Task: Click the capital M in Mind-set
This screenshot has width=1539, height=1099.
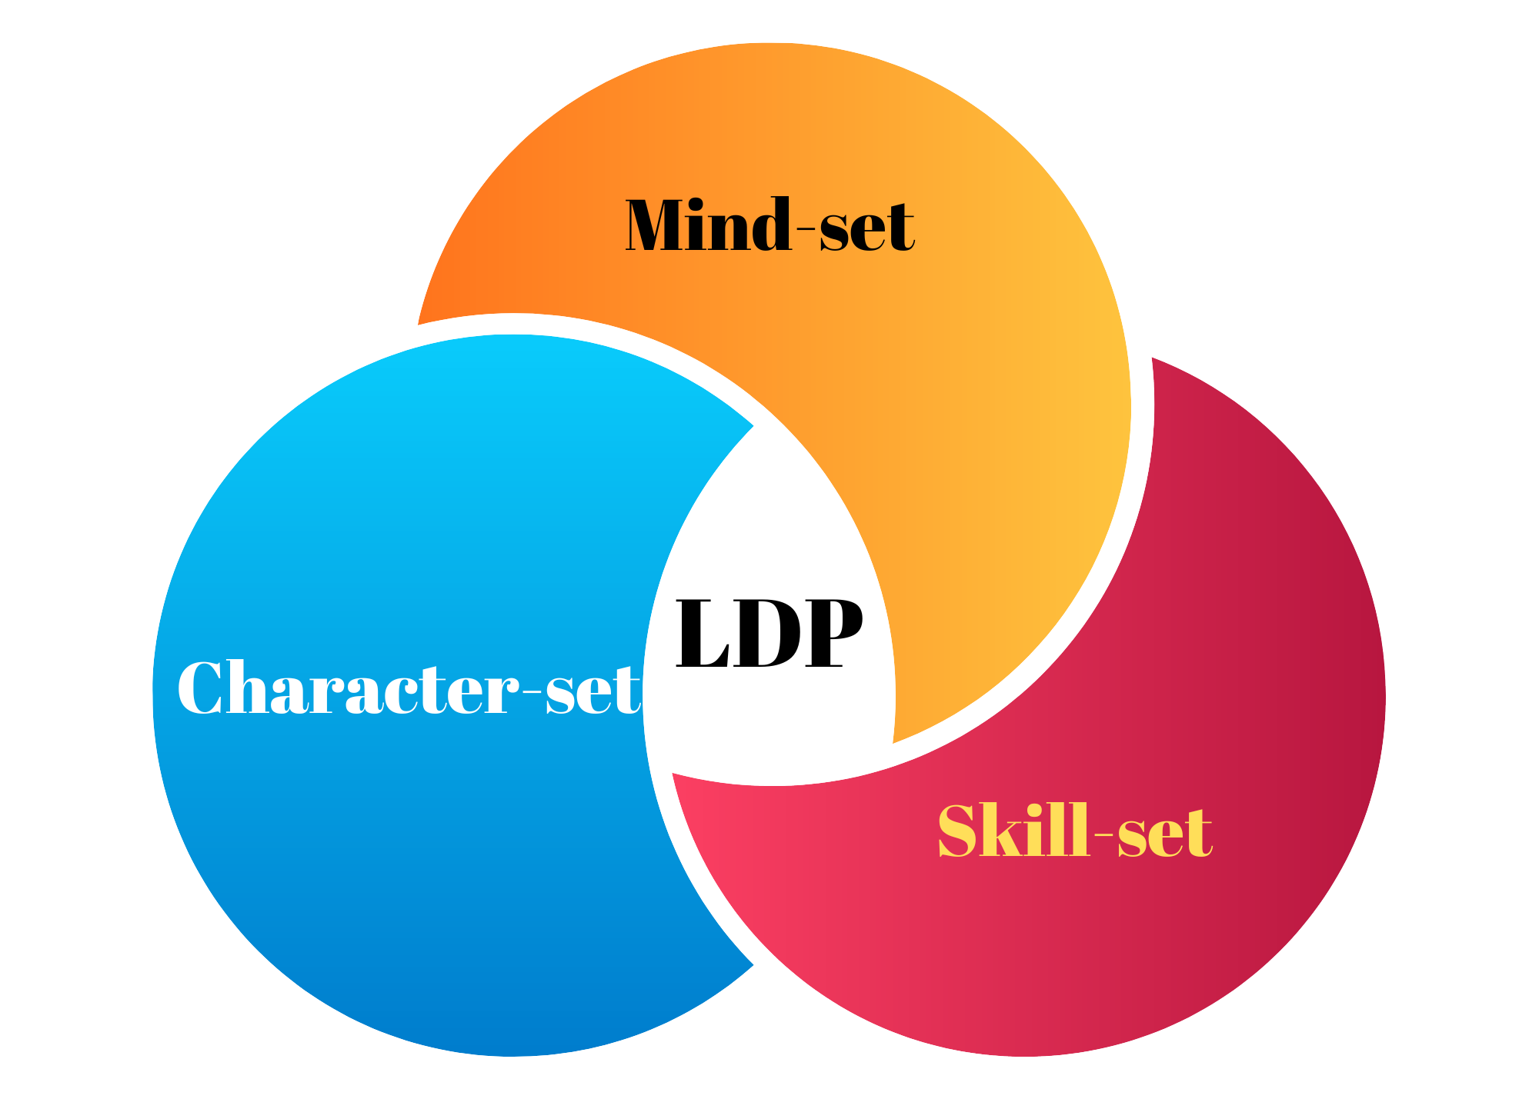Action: point(660,225)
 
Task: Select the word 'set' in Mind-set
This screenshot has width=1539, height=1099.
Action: point(866,228)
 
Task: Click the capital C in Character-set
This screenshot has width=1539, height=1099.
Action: point(203,688)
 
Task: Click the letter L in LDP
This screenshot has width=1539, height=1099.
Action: point(703,634)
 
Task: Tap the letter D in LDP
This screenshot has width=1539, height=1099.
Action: point(769,634)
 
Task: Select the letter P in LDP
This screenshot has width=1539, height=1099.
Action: point(833,632)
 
